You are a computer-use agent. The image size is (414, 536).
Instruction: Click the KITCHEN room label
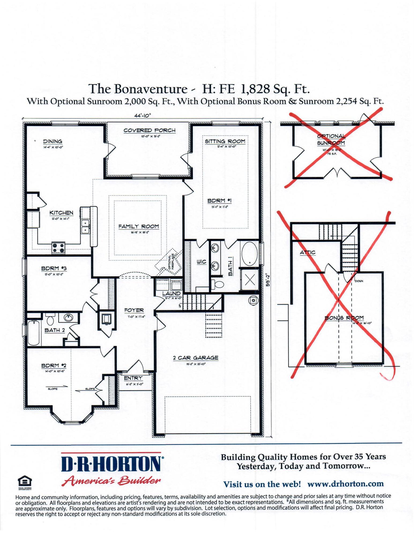pos(61,213)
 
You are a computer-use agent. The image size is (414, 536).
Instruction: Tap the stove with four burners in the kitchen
pos(58,248)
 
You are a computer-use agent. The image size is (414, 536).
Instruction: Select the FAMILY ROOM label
pos(139,226)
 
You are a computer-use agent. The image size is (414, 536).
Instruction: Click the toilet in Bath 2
pos(50,319)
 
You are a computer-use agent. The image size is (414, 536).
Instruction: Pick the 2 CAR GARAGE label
pos(196,358)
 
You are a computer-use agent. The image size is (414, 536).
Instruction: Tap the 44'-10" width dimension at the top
pos(143,116)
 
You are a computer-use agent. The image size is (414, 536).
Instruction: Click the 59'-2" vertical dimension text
pos(267,280)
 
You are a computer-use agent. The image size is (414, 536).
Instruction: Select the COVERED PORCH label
pos(149,131)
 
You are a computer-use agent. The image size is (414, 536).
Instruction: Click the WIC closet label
pos(201,262)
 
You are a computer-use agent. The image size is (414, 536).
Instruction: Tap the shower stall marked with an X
pos(250,280)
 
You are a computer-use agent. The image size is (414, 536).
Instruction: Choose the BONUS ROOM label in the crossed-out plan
pos(344,318)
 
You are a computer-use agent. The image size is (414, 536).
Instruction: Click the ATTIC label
pos(308,252)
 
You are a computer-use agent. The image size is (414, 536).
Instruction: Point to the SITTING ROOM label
pos(225,141)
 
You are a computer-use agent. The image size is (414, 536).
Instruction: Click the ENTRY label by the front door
pos(133,378)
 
